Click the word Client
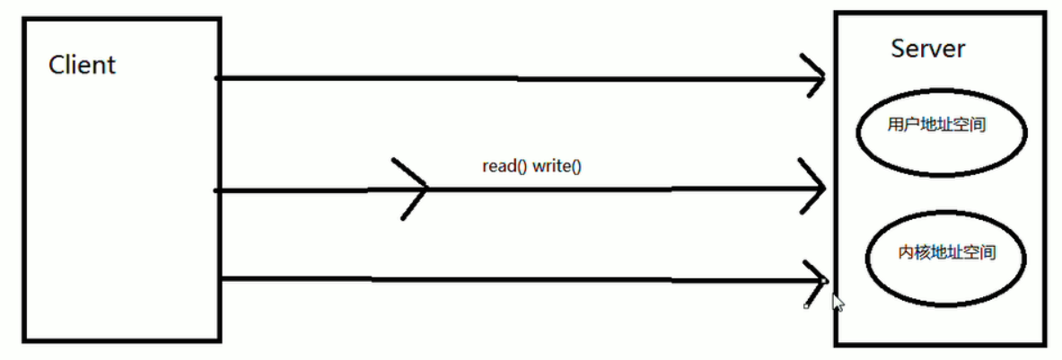click(x=82, y=65)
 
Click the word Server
click(x=927, y=48)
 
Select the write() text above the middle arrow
click(x=557, y=167)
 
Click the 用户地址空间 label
click(x=937, y=126)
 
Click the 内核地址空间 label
click(x=947, y=253)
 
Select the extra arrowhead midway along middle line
click(x=422, y=189)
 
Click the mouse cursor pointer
click(x=838, y=303)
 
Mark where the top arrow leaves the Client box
click(x=219, y=79)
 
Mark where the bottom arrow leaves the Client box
click(x=219, y=279)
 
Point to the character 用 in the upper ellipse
click(x=893, y=126)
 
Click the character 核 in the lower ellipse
click(x=921, y=253)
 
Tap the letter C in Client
click(x=56, y=65)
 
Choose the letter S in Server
click(x=898, y=48)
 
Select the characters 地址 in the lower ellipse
click(x=946, y=253)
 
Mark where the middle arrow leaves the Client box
click(x=219, y=189)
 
